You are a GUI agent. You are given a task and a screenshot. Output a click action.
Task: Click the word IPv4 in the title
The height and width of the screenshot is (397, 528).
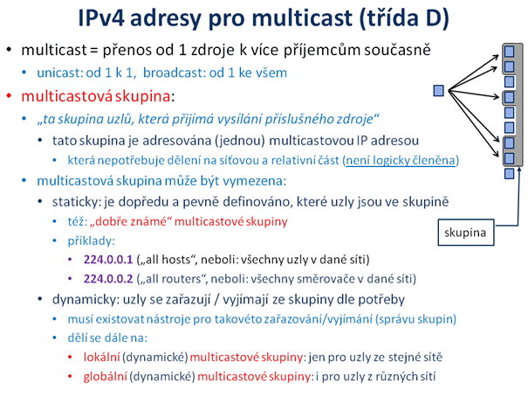[x=101, y=17]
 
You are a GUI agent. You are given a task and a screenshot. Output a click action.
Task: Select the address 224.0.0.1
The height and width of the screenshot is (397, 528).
[x=108, y=260]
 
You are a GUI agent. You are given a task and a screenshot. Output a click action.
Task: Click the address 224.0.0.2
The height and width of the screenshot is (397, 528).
[x=108, y=279]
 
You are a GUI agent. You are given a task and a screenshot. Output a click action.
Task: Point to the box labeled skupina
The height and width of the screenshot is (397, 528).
[x=466, y=233]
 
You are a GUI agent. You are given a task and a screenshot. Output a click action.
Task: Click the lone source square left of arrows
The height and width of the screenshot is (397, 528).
[x=438, y=90]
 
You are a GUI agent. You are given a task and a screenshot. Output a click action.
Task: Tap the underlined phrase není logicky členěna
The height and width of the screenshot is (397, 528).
[x=401, y=160]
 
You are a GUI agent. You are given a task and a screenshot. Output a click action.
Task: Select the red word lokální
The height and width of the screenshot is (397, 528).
[x=102, y=357]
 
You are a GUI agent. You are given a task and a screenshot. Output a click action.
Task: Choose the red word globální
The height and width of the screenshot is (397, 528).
[x=106, y=376]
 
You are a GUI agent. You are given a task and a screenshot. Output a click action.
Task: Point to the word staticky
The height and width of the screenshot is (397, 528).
[x=76, y=202]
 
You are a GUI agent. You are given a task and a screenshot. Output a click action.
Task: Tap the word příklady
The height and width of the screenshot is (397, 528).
[x=90, y=240]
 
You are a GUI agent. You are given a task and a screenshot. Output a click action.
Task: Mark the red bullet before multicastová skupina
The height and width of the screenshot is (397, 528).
[x=9, y=96]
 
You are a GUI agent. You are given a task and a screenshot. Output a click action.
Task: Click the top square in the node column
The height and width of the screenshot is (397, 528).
[x=509, y=52]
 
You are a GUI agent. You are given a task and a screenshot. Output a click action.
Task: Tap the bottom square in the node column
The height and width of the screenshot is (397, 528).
[x=509, y=173]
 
